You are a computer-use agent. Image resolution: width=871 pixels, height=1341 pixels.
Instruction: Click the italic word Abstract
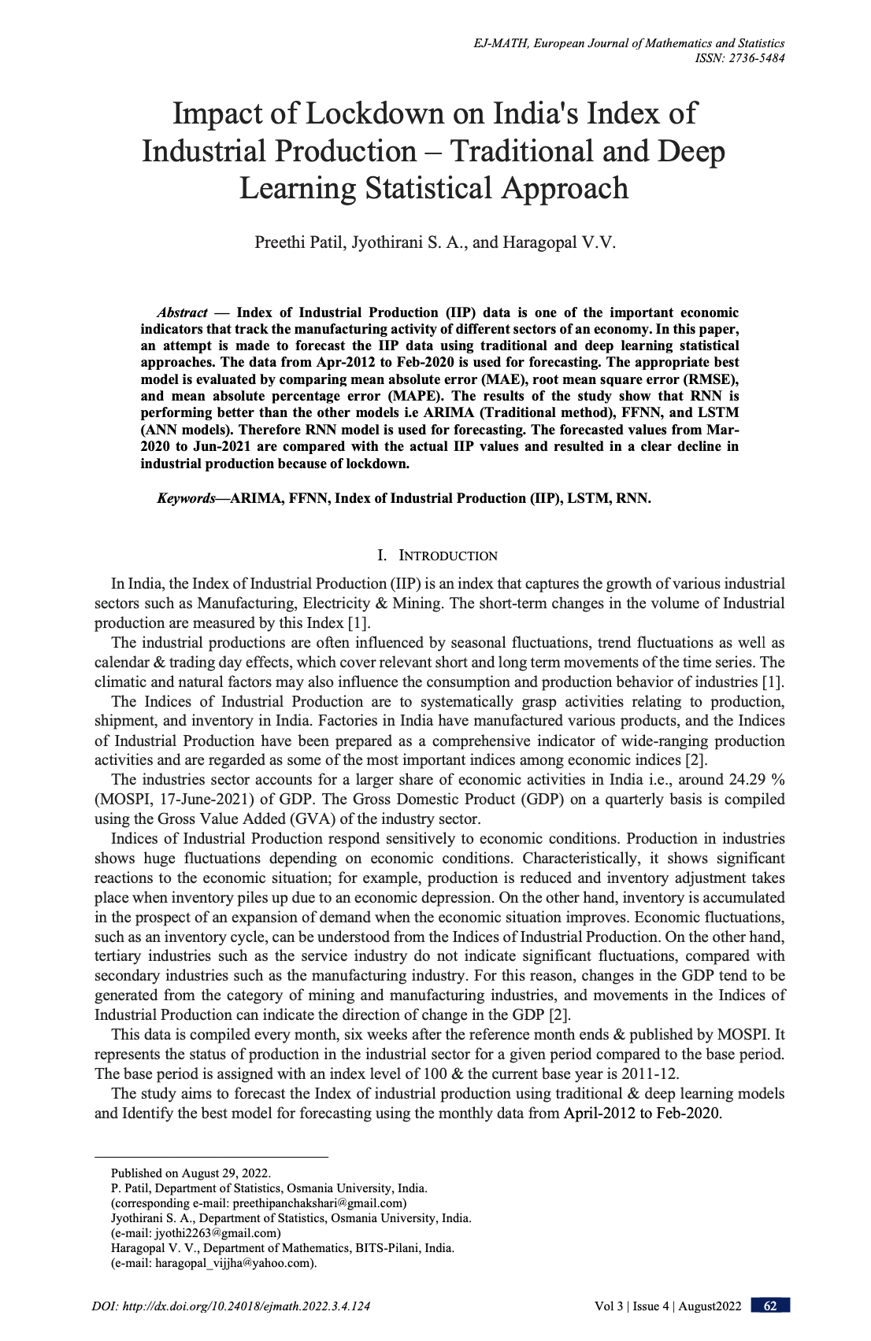(182, 312)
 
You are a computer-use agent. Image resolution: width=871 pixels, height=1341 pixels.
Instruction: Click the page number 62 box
(770, 1306)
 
